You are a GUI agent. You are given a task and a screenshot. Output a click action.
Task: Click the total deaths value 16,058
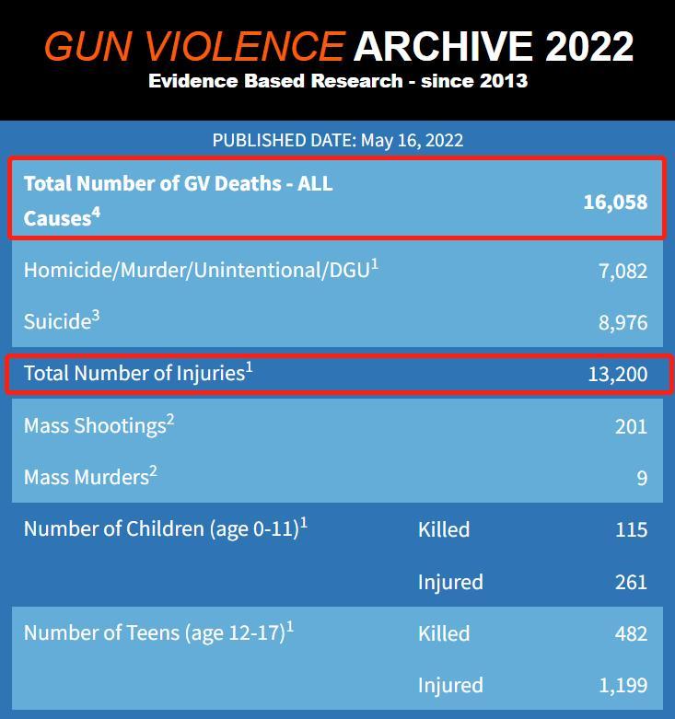(615, 203)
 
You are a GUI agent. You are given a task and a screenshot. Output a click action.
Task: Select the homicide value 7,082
(623, 271)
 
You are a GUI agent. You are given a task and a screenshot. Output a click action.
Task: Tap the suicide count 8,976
(623, 322)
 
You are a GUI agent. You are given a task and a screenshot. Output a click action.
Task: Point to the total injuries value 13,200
(618, 374)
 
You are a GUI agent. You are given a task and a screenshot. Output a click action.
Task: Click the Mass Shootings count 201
(631, 426)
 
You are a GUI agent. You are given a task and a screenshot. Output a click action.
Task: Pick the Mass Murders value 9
(642, 479)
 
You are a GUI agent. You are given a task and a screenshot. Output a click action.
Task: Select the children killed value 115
(632, 529)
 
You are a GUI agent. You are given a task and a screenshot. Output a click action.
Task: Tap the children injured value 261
(631, 582)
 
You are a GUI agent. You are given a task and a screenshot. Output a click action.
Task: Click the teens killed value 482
(631, 633)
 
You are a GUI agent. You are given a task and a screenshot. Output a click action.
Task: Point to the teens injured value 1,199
(623, 686)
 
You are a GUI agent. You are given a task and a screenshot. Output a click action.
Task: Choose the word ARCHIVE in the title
(443, 46)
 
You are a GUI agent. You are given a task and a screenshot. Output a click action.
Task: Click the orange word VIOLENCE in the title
(244, 46)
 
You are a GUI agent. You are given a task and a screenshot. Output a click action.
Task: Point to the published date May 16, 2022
(412, 140)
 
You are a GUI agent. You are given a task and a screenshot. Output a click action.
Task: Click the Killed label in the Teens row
(444, 633)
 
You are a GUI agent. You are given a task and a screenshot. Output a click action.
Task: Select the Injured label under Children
(450, 583)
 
